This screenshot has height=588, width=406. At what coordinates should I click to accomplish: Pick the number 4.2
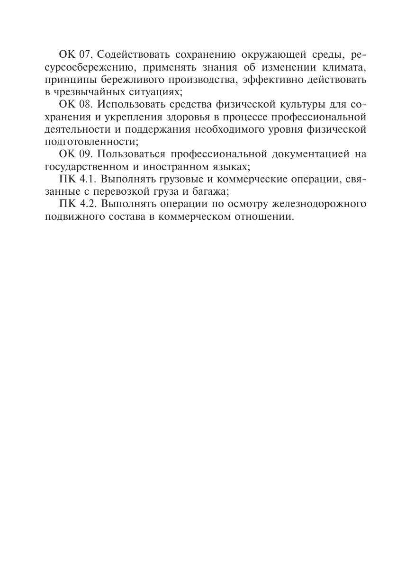click(x=87, y=204)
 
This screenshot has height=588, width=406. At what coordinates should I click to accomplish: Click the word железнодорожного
click(x=319, y=204)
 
